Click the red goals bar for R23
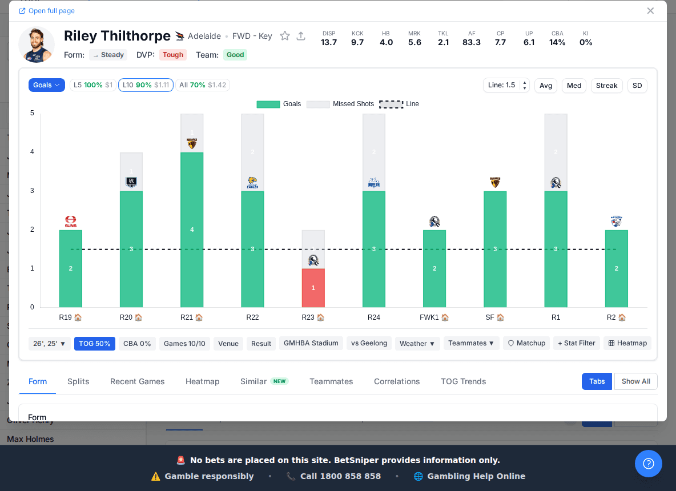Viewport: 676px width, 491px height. (313, 288)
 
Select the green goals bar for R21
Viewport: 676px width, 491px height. (192, 230)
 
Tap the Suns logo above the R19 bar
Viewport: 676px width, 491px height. (71, 222)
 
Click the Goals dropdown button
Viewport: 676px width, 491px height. (46, 85)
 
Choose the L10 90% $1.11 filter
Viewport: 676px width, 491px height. (146, 85)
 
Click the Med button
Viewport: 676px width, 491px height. (574, 86)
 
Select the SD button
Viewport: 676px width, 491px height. (637, 86)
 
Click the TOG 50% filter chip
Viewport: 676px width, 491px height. (95, 344)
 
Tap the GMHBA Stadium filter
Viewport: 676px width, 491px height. (311, 344)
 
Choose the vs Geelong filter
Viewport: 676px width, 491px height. (369, 344)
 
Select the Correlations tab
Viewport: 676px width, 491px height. (397, 381)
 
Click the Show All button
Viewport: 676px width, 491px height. (635, 381)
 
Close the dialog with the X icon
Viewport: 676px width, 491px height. (650, 11)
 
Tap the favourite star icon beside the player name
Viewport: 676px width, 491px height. (284, 36)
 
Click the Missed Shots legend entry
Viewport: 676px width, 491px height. (341, 104)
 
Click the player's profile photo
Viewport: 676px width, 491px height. (37, 45)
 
